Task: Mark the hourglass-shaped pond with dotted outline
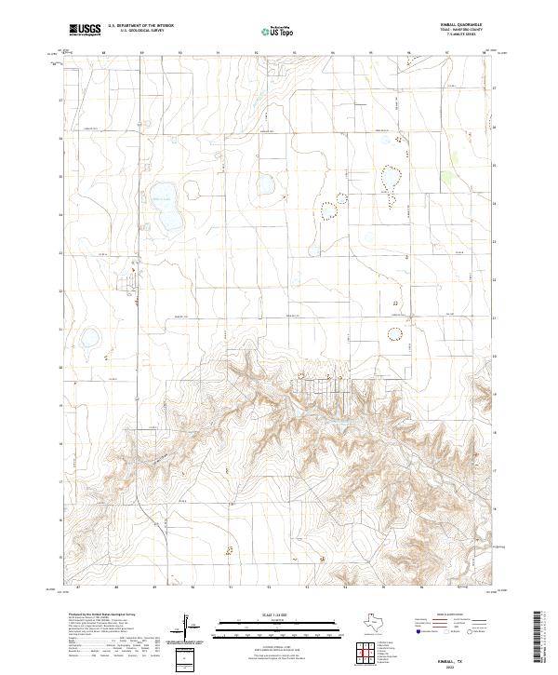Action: [x=390, y=182]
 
